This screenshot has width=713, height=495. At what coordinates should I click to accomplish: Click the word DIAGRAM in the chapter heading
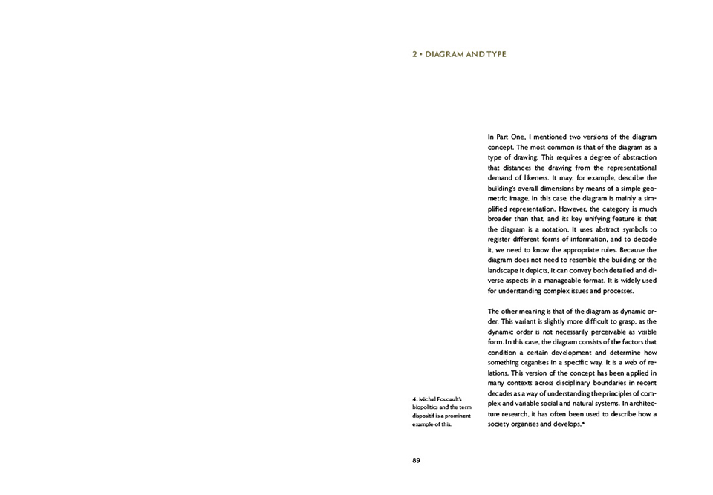(x=443, y=54)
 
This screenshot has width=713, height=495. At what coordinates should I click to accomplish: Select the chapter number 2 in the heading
(x=414, y=54)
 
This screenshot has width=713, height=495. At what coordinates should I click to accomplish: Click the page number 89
(x=416, y=460)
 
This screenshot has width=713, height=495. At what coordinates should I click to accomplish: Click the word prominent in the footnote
(x=458, y=416)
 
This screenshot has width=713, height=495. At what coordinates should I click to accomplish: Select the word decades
(x=503, y=393)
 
